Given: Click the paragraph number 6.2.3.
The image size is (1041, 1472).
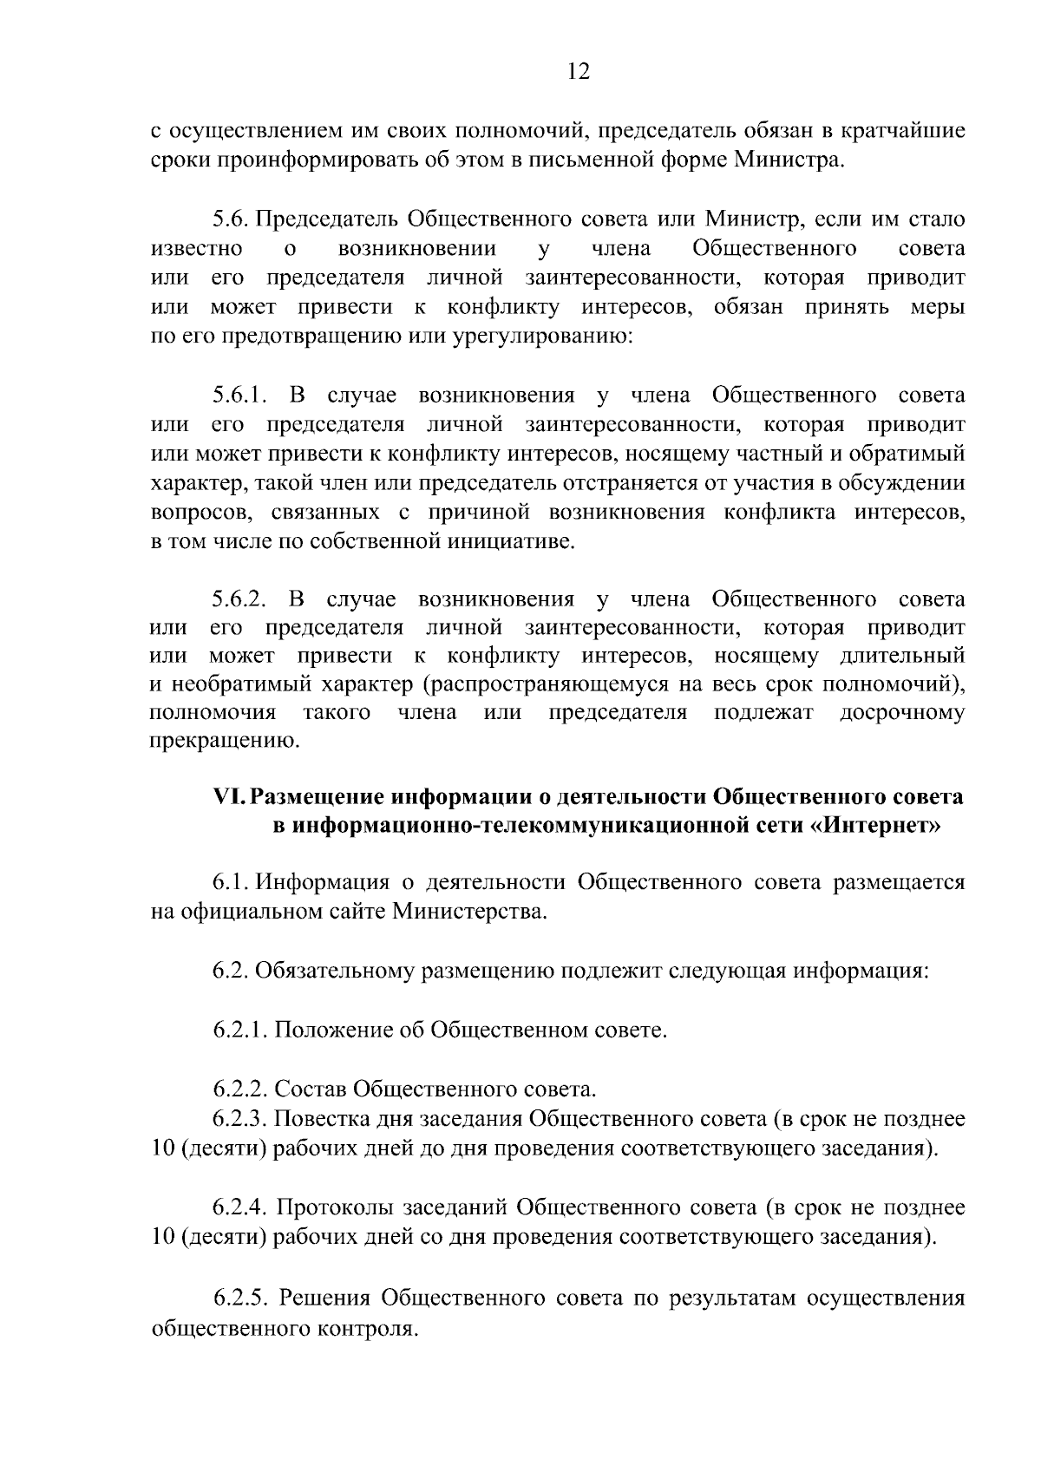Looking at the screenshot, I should click(x=240, y=1119).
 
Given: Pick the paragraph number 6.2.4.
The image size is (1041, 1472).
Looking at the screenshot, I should click(x=240, y=1207).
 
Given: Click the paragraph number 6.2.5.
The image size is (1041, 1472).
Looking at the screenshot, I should click(x=240, y=1299).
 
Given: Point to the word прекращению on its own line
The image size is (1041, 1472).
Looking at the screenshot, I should click(x=225, y=743).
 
